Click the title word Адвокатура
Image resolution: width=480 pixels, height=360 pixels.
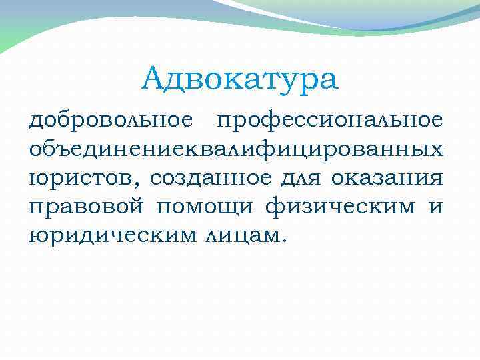pyautogui.click(x=240, y=79)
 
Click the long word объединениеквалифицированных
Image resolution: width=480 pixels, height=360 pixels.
pyautogui.click(x=235, y=149)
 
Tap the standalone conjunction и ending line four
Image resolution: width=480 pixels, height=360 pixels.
pyautogui.click(x=435, y=207)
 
